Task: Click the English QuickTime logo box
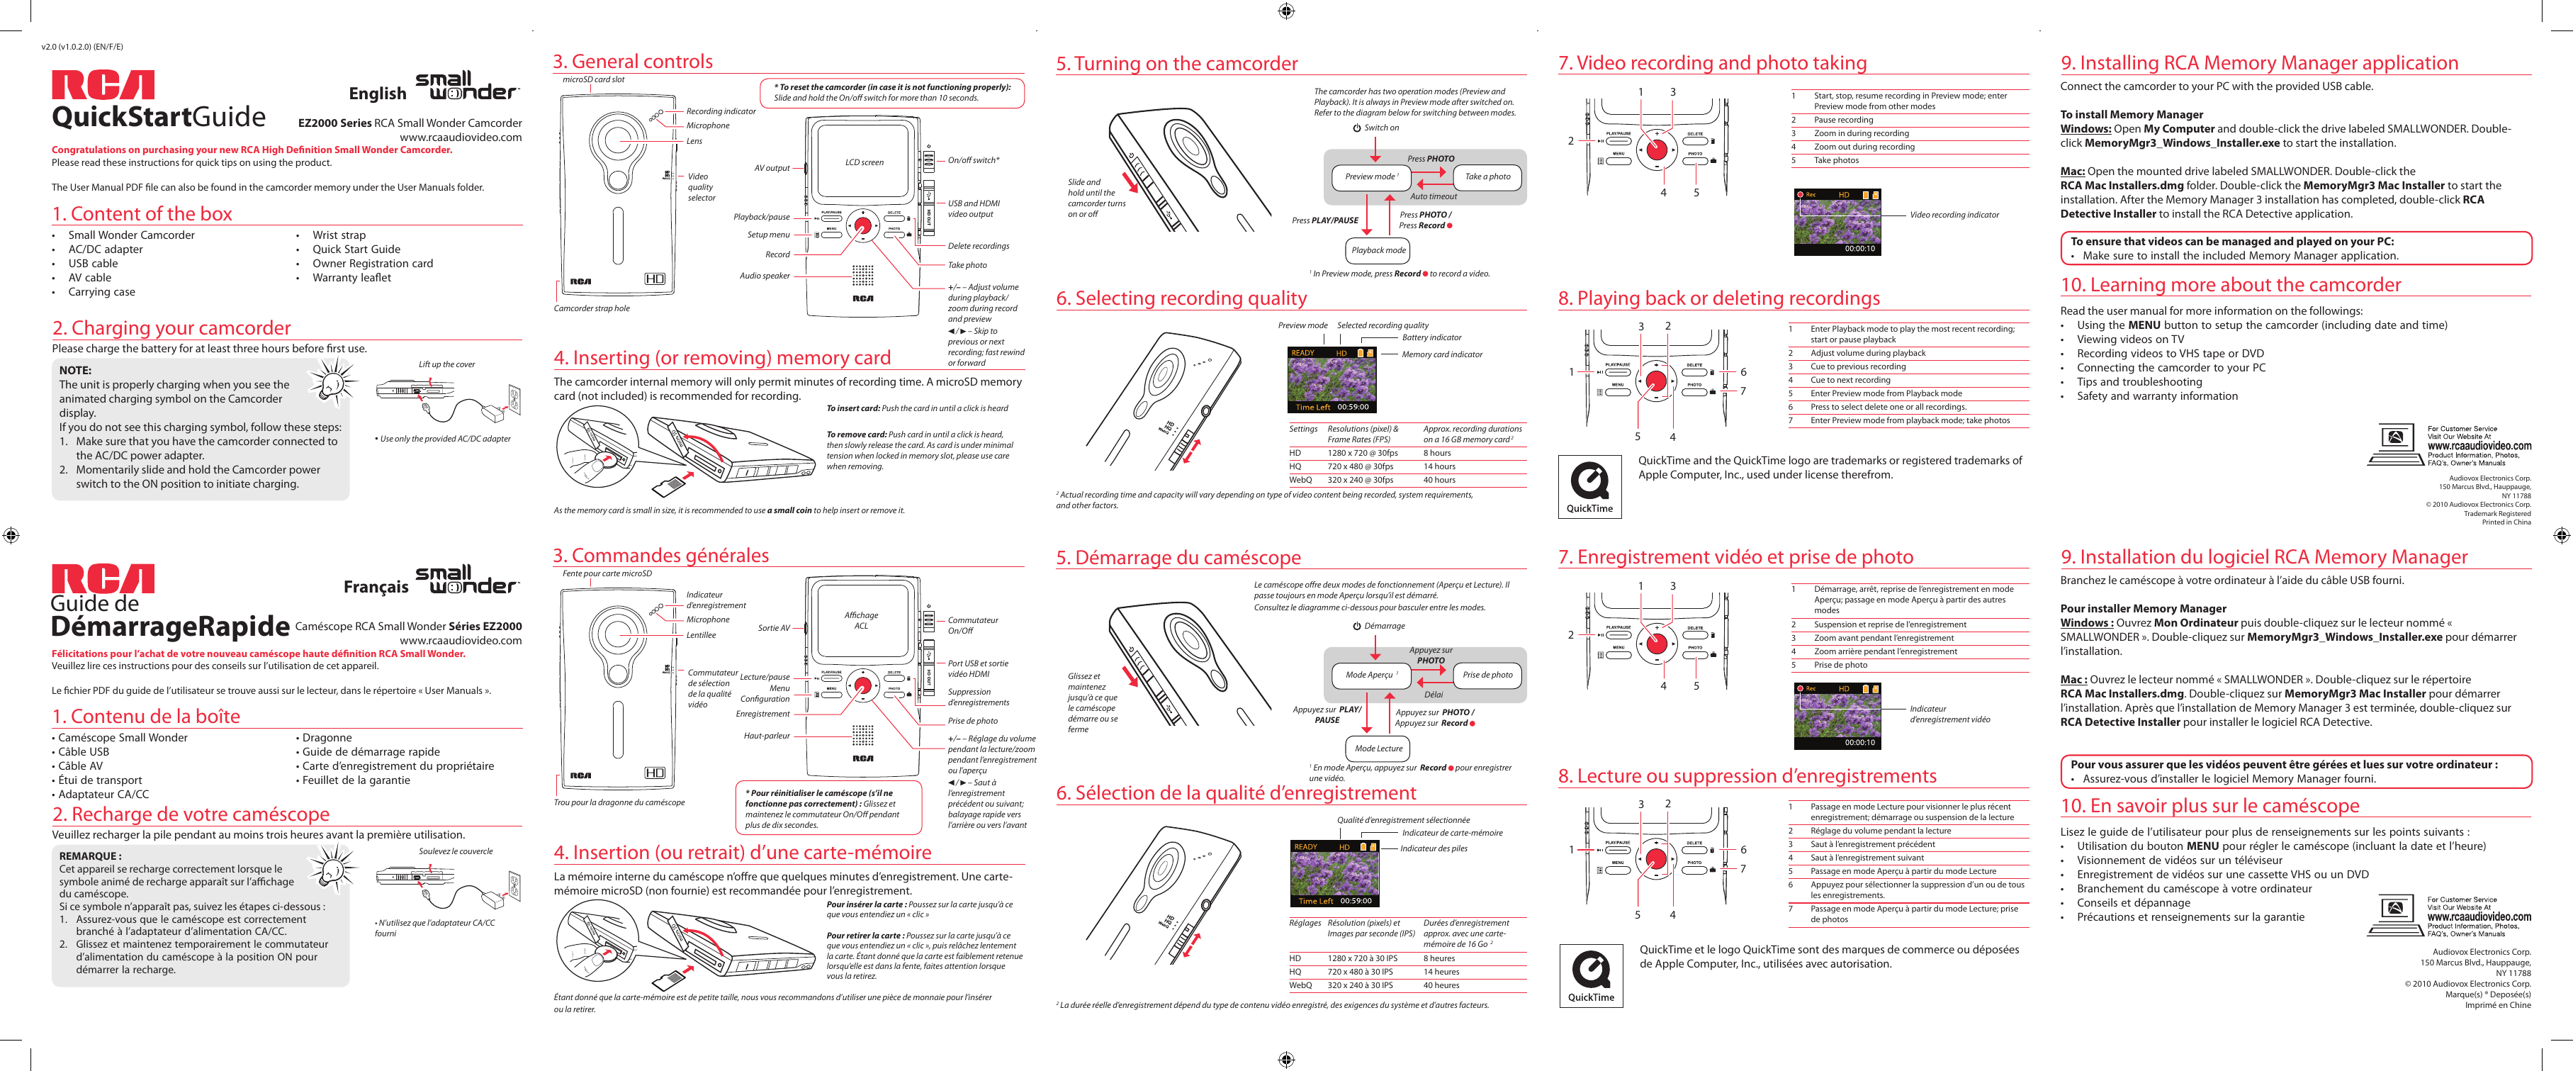[1589, 486]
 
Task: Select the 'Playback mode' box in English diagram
[1378, 251]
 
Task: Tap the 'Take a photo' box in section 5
[1487, 176]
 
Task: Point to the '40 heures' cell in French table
[1441, 985]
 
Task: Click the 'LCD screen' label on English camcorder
[864, 162]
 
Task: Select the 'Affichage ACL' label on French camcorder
[861, 620]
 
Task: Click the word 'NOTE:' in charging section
[75, 371]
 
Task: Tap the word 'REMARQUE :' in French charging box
[90, 856]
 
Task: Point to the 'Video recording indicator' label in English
[1954, 215]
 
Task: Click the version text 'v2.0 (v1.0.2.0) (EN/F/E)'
[82, 47]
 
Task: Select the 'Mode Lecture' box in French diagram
[1378, 748]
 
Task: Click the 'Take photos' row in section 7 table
[1836, 161]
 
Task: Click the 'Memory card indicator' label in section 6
[1441, 354]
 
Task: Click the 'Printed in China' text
[2506, 522]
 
